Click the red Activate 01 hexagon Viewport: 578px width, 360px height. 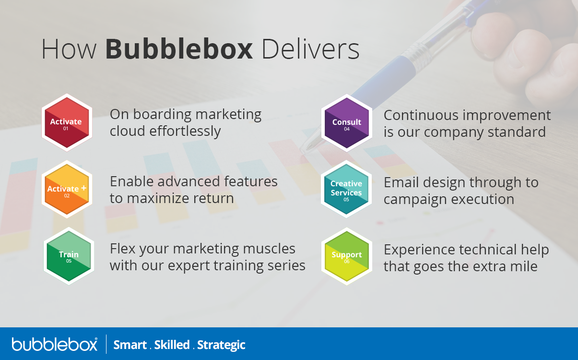point(66,123)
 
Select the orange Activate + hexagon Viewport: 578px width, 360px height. point(66,190)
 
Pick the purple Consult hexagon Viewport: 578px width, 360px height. point(346,123)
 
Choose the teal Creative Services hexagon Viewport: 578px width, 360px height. point(346,190)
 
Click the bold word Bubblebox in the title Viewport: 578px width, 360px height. point(179,49)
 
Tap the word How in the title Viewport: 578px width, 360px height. point(69,49)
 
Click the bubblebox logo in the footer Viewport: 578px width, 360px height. point(54,344)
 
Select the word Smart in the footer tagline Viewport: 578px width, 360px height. point(130,345)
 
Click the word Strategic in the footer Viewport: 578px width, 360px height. point(221,345)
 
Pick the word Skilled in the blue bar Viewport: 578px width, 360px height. point(172,345)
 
